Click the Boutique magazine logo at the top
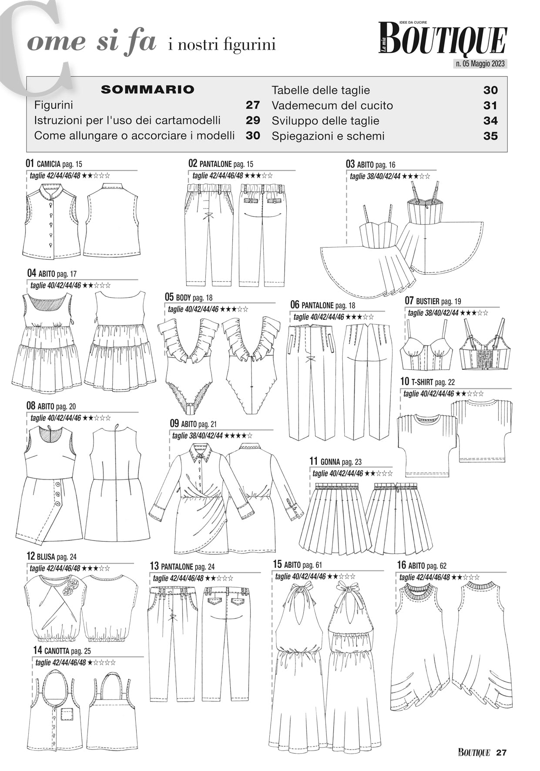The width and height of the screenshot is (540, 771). (x=442, y=39)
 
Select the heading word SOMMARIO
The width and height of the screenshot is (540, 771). (x=148, y=90)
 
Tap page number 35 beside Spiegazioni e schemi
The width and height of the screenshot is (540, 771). (x=490, y=136)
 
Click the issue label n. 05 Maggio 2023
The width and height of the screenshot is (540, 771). (x=480, y=64)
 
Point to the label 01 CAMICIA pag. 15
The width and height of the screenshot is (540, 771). (x=54, y=164)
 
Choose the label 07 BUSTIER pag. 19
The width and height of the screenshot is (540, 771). (x=433, y=301)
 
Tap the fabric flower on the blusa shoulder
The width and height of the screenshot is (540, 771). (x=70, y=587)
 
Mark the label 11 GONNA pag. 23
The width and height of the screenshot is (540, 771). (x=335, y=462)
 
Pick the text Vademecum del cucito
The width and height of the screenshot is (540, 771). (x=332, y=106)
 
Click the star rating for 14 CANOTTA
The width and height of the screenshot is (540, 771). (x=101, y=663)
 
